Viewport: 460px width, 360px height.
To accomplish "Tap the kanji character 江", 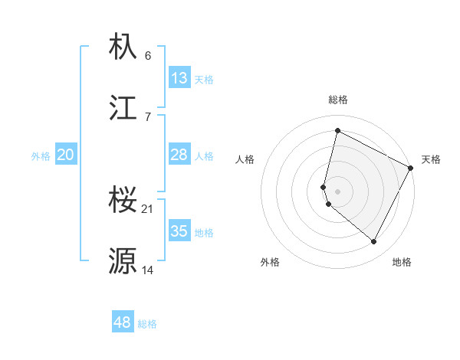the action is tap(123, 108).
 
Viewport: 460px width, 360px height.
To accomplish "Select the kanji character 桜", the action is tap(123, 201).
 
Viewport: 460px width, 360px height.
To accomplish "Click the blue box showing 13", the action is tap(179, 78).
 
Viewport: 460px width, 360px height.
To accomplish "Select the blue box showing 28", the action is tap(179, 155).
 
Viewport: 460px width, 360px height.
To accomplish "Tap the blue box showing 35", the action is tap(179, 231).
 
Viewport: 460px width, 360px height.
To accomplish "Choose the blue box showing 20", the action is tap(66, 155).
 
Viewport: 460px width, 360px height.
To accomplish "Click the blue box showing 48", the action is tap(123, 322).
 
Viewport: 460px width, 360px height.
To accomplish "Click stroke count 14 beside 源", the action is tap(148, 270).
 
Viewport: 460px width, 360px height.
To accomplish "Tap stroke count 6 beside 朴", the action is tap(148, 56).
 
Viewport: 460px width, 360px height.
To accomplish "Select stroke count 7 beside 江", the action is tap(148, 116).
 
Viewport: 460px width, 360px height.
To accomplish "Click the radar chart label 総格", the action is tap(338, 100).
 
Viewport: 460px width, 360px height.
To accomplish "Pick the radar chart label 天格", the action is tap(431, 159).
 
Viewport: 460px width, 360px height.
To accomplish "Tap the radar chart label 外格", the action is tap(270, 262).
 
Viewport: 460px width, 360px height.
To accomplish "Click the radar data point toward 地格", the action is tap(374, 242).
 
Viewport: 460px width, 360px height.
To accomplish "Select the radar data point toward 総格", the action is tap(337, 130).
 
